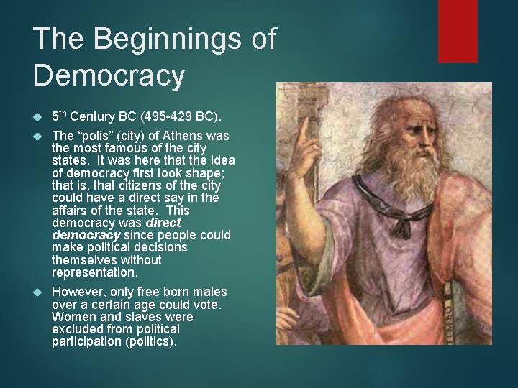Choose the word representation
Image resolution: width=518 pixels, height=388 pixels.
(94, 273)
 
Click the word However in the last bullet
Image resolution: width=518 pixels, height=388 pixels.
(78, 292)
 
